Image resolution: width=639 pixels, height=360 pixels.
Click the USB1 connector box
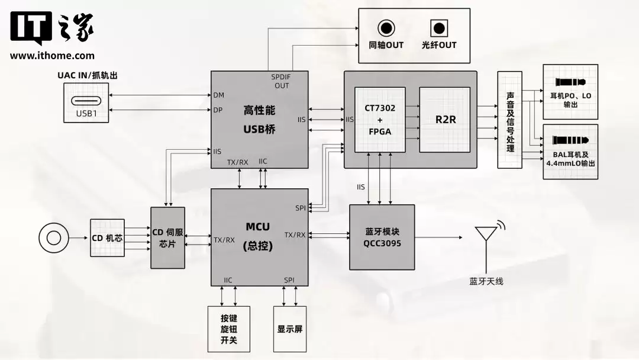[86, 102]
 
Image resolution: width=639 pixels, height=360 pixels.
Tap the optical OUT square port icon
[438, 27]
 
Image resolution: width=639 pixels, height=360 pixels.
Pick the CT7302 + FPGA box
[380, 119]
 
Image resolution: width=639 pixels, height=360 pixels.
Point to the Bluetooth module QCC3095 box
[382, 237]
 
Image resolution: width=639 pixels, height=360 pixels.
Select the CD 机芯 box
[107, 238]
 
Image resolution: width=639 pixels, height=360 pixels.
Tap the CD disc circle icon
[54, 238]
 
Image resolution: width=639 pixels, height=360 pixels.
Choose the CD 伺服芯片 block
[167, 237]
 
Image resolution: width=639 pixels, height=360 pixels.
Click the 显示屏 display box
[290, 329]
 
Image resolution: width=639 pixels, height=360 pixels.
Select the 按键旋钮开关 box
[229, 329]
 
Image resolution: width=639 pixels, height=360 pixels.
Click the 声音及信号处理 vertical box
[509, 120]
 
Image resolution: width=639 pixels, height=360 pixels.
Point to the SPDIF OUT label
[282, 81]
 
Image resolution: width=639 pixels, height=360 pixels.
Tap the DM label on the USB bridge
[218, 95]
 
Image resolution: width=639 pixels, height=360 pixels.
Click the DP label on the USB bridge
[218, 110]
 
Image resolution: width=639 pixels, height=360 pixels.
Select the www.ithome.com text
[52, 56]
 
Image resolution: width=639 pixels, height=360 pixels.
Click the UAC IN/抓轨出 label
[86, 75]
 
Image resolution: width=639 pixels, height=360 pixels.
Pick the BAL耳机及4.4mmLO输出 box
[570, 152]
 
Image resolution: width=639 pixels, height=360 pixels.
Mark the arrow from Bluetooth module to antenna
[438, 238]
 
